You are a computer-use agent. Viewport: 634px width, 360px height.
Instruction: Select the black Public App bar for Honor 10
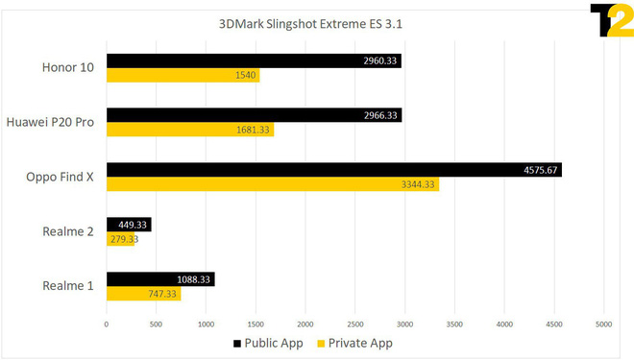254,60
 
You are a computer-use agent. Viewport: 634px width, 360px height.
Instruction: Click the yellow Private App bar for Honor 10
183,75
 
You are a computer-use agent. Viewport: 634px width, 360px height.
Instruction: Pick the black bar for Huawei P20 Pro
254,115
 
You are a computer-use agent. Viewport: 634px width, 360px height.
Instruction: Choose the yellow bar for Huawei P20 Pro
190,130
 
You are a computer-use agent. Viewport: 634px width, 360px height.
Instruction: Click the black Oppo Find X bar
333,170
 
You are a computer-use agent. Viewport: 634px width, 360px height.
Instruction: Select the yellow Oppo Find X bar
273,184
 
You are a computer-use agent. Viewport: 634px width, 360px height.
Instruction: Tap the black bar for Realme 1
160,279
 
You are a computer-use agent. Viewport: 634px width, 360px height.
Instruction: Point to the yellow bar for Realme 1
143,294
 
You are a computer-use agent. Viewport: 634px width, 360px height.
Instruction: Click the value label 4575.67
540,170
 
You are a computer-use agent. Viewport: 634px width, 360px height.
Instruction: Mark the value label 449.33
133,225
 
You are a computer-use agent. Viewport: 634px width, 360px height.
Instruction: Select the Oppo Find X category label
61,177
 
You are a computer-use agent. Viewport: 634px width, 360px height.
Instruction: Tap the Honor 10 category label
67,67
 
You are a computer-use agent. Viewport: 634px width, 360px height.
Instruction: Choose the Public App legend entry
268,343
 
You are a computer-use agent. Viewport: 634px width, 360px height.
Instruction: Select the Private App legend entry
354,343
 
